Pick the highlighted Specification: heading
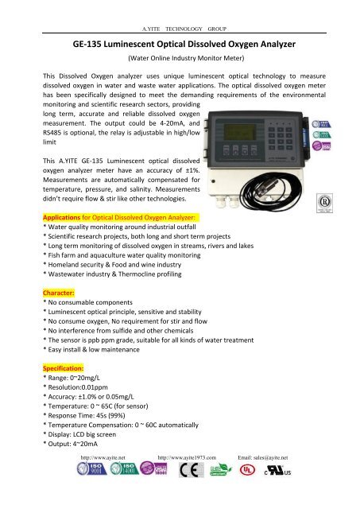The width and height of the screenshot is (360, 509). [72, 370]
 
